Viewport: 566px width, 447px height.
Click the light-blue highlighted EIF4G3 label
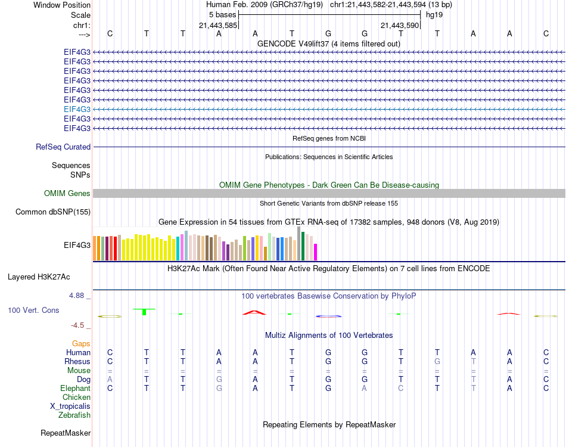click(77, 109)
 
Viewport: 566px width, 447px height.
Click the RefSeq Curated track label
click(63, 147)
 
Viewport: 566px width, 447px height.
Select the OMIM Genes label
click(67, 193)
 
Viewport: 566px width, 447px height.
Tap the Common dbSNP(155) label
click(52, 212)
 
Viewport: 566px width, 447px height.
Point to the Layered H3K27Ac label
click(39, 277)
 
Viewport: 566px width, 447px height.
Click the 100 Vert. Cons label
click(33, 310)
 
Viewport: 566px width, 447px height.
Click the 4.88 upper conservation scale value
click(76, 296)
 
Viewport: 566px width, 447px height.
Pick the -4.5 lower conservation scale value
click(77, 325)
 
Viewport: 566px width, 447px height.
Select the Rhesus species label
click(77, 361)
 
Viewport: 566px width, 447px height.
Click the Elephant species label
click(75, 388)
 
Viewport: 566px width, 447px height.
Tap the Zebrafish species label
click(74, 415)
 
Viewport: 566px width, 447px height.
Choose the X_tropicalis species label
click(70, 406)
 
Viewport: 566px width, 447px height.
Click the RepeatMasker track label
click(66, 433)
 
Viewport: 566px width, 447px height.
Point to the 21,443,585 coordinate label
click(218, 25)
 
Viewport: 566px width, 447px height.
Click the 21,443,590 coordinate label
click(400, 25)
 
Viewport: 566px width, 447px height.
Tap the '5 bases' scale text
click(222, 15)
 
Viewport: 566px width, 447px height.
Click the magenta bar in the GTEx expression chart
click(315, 252)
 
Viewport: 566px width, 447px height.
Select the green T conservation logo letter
click(144, 311)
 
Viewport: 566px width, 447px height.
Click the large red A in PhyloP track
click(254, 312)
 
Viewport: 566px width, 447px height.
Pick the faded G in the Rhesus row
click(437, 361)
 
